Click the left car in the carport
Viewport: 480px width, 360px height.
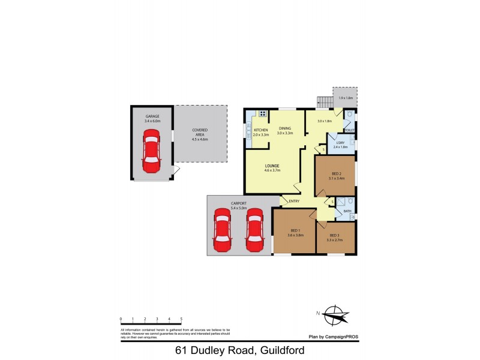click(x=222, y=230)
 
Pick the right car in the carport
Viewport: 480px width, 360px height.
click(x=255, y=230)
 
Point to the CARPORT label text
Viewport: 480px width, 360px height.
click(x=239, y=203)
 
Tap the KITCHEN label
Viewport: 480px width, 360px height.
click(x=260, y=130)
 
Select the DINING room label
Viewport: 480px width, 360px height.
click(x=284, y=128)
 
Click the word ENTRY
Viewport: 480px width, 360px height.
click(x=294, y=201)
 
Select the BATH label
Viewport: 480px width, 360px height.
click(x=347, y=211)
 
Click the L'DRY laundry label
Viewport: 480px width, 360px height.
click(x=340, y=143)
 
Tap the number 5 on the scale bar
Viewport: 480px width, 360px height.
click(x=181, y=319)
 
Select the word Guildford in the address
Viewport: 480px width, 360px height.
click(x=279, y=350)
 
